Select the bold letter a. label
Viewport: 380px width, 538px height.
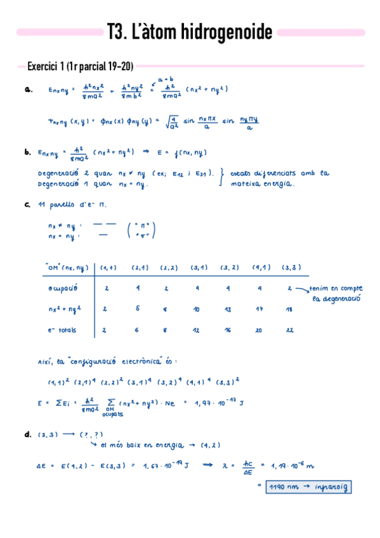click(27, 90)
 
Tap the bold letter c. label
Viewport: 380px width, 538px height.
click(27, 205)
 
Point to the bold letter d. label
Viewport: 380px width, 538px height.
click(27, 435)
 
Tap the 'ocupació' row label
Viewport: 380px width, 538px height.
click(63, 289)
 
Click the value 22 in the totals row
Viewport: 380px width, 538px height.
click(290, 331)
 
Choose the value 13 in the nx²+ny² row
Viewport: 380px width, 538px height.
click(227, 310)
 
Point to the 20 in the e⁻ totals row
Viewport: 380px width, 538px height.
click(259, 331)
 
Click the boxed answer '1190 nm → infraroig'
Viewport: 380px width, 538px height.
click(309, 487)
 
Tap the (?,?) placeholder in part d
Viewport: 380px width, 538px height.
click(91, 435)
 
